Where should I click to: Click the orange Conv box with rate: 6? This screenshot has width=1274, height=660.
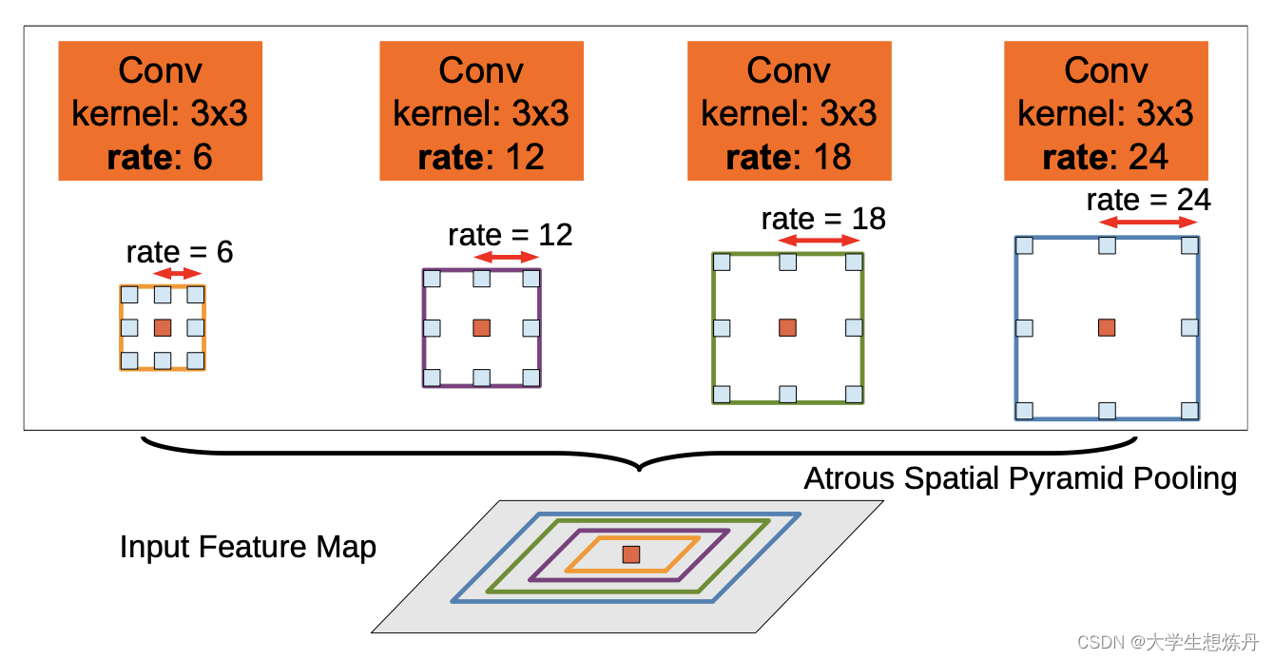tap(160, 111)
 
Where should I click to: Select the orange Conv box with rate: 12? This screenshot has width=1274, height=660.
tap(481, 111)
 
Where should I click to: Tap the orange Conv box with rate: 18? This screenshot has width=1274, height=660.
tap(789, 111)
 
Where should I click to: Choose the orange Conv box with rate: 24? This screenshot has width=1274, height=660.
tap(1106, 111)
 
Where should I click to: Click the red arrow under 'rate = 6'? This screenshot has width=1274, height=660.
tap(178, 274)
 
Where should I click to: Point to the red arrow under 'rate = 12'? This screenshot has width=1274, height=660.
tap(511, 258)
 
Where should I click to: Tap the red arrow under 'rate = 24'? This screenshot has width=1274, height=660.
tap(1149, 223)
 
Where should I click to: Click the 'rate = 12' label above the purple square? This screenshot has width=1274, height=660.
tap(511, 234)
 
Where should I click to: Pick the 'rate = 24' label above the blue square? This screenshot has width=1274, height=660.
tap(1149, 200)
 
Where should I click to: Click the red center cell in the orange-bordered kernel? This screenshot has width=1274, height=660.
tap(163, 327)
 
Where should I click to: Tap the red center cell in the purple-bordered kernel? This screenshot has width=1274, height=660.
tap(482, 327)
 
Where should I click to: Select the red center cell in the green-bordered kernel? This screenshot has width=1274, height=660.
tap(787, 327)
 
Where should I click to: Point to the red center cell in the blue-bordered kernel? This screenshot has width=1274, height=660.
tap(1107, 327)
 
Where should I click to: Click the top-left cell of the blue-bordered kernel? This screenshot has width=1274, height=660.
tap(1024, 245)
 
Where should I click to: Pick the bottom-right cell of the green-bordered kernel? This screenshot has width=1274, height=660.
tap(854, 394)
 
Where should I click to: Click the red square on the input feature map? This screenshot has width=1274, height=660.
tap(631, 554)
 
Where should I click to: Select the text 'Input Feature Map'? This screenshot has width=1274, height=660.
tap(248, 548)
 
